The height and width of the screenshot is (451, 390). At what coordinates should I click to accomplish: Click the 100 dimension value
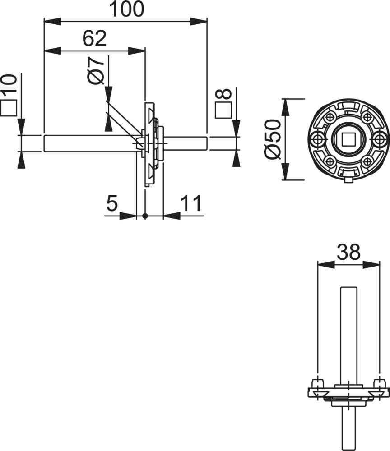pyautogui.click(x=127, y=9)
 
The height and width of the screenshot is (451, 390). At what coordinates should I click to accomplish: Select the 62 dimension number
pyautogui.click(x=94, y=38)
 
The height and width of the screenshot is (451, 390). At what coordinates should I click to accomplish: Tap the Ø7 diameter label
pyautogui.click(x=95, y=70)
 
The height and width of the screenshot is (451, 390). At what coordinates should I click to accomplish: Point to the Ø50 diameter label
pyautogui.click(x=272, y=139)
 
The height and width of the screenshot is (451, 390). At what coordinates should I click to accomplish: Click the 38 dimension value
pyautogui.click(x=348, y=252)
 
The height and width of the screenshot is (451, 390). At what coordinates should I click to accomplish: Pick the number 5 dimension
pyautogui.click(x=112, y=203)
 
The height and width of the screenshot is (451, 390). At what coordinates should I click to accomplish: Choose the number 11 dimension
pyautogui.click(x=191, y=203)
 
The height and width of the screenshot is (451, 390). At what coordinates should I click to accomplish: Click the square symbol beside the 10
pyautogui.click(x=8, y=108)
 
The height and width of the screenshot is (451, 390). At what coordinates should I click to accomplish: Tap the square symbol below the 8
pyautogui.click(x=223, y=110)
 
